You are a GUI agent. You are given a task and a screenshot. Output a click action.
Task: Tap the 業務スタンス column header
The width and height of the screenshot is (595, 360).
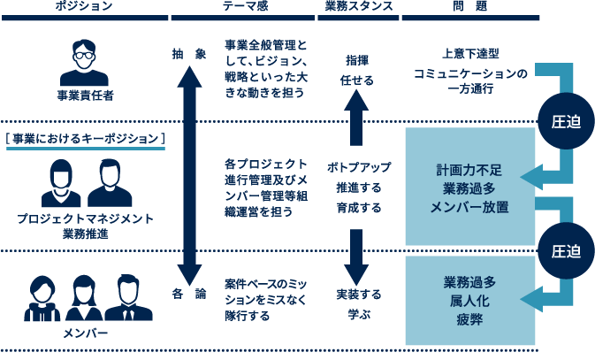coord(358,6)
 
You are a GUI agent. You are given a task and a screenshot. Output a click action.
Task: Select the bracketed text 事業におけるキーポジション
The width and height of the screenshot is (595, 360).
coord(86,138)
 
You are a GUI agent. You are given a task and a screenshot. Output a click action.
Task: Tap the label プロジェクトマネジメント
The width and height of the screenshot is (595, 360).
coord(86,218)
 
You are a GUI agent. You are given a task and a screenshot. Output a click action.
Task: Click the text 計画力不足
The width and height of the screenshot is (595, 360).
coord(470,169)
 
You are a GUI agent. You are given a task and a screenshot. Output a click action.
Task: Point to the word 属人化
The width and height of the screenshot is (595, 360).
coord(470,301)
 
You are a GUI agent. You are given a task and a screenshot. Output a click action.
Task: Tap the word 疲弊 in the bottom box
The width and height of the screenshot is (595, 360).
coord(470,318)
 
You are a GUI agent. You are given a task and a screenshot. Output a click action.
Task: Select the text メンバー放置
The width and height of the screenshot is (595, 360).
coord(470,205)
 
